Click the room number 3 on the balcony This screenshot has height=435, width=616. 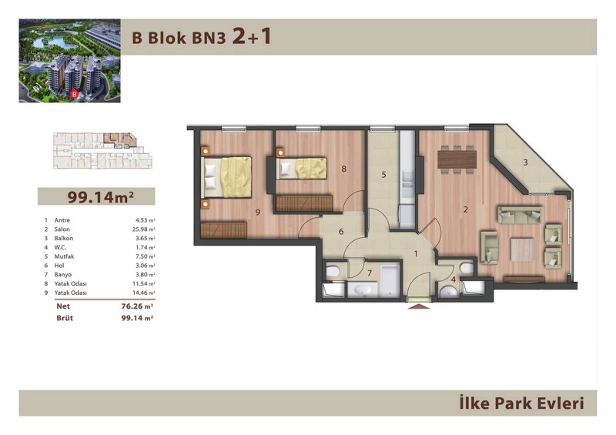pyautogui.click(x=526, y=162)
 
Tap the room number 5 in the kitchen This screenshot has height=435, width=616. pyautogui.click(x=383, y=175)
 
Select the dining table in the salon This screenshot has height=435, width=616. pyautogui.click(x=457, y=159)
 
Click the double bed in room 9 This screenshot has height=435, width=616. pyautogui.click(x=226, y=177)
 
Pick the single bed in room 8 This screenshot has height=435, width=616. pyautogui.click(x=302, y=169)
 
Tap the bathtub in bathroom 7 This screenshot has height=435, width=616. pyautogui.click(x=390, y=279)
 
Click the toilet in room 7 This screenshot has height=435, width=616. pyautogui.click(x=333, y=272)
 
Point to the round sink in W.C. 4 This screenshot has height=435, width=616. pyautogui.click(x=448, y=292)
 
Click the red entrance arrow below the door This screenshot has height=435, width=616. pyautogui.click(x=419, y=306)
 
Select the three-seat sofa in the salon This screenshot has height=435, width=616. pyautogui.click(x=521, y=215)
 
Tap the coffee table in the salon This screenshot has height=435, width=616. pyautogui.click(x=522, y=249)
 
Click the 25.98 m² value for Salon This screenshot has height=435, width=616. pyautogui.click(x=144, y=229)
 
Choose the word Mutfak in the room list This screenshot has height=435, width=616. pyautogui.click(x=64, y=256)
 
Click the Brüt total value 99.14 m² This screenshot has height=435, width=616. pyautogui.click(x=137, y=318)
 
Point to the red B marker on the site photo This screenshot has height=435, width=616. pyautogui.click(x=73, y=94)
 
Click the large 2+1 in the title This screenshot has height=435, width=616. pyautogui.click(x=252, y=36)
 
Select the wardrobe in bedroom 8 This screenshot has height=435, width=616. pyautogui.click(x=304, y=203)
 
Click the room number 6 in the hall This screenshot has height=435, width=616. pyautogui.click(x=341, y=232)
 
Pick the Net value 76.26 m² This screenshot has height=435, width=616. pyautogui.click(x=137, y=306)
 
